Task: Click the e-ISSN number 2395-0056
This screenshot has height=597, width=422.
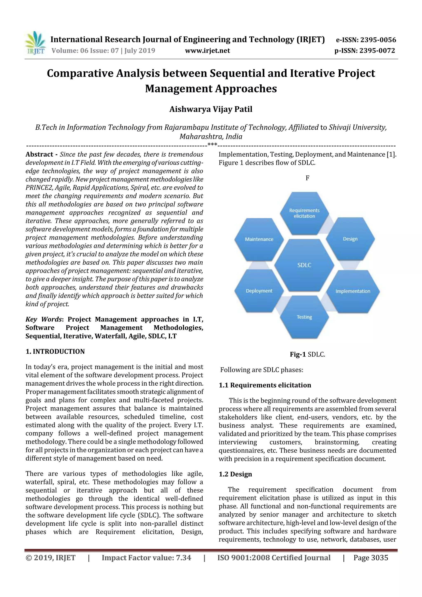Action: tap(366, 40)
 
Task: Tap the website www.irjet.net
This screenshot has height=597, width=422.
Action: tap(207, 50)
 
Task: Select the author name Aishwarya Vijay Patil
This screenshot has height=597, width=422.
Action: tap(211, 109)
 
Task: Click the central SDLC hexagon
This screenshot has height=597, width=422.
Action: tap(304, 265)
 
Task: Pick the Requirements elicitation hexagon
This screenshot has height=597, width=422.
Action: tap(304, 213)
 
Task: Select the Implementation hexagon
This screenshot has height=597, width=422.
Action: tap(353, 291)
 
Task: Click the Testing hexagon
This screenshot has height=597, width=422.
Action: tap(304, 317)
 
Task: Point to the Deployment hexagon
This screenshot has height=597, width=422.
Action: tap(259, 291)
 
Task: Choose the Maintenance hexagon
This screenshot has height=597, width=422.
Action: tap(259, 239)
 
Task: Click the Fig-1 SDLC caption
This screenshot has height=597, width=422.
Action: tap(307, 354)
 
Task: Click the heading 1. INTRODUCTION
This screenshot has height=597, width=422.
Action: tap(55, 352)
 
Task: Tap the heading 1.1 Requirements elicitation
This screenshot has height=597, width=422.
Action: tap(265, 385)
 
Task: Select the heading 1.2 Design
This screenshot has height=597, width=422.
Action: tap(235, 474)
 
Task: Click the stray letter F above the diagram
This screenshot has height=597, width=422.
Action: tap(307, 178)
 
